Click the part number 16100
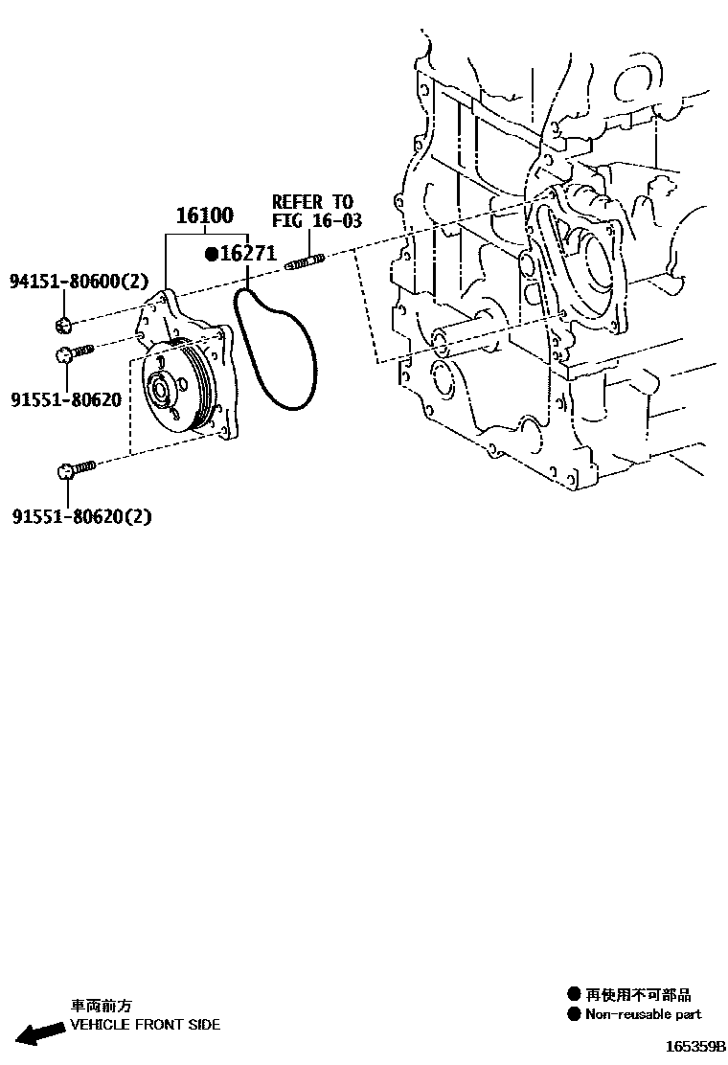point(204,216)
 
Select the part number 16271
point(248,254)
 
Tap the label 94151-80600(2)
point(79,282)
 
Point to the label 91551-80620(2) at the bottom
point(82,517)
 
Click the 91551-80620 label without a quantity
point(66,398)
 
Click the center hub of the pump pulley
point(158,389)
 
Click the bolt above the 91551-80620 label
point(73,353)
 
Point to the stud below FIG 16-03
point(306,261)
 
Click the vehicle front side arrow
point(36,1034)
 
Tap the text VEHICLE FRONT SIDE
point(146,1025)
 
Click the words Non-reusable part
point(643,1014)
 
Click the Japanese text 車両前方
point(102,1007)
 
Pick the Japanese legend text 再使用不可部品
point(638,995)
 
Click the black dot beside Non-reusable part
point(574,1014)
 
